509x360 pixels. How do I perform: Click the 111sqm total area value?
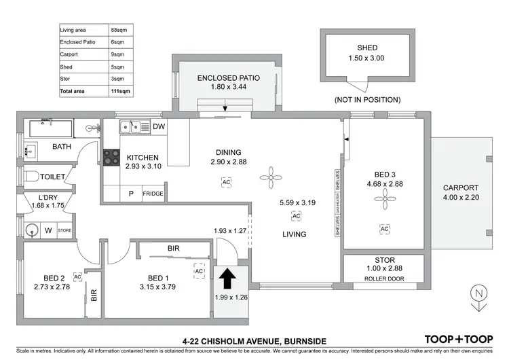120,90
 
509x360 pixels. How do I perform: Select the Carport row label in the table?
69,54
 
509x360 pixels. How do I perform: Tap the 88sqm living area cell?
119,30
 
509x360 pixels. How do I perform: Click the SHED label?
367,48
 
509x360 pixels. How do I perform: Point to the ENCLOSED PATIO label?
229,78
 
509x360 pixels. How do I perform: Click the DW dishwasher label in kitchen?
158,126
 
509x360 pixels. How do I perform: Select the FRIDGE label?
153,194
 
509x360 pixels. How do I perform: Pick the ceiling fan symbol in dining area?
271,179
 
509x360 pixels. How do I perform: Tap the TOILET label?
52,177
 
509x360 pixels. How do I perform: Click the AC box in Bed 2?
77,277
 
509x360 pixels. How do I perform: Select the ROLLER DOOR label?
384,279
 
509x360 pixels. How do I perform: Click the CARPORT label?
461,188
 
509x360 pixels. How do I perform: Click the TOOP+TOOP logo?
458,339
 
